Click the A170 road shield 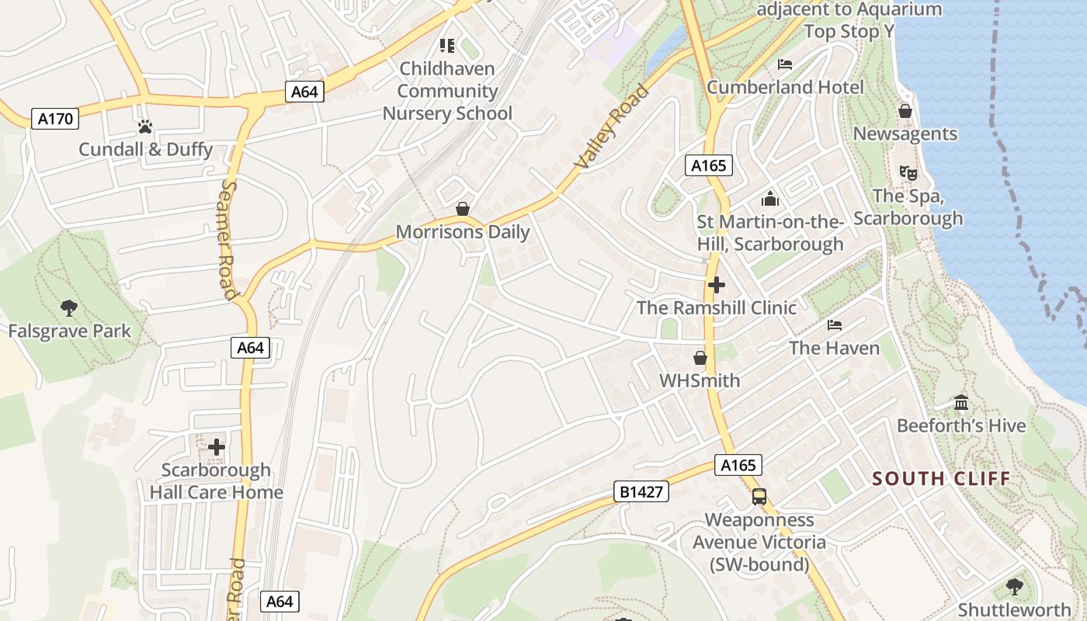[x=55, y=119]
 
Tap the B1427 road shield [x=641, y=491]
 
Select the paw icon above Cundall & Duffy [x=145, y=126]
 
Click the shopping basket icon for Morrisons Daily [x=463, y=209]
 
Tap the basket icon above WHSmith [x=700, y=358]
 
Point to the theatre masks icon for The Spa [x=908, y=172]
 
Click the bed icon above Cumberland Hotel [x=785, y=64]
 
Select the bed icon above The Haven [x=835, y=324]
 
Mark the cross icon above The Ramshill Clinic [x=716, y=284]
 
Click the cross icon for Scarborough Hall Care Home [x=217, y=447]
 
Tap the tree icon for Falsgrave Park [x=69, y=307]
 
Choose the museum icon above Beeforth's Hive [x=961, y=402]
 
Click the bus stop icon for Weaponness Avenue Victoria [x=759, y=497]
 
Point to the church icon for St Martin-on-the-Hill [x=769, y=199]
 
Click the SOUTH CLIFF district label [x=941, y=478]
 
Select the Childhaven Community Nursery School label [x=447, y=91]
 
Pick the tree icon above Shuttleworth [x=1014, y=586]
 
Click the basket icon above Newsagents [x=905, y=111]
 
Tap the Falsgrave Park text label [x=70, y=331]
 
